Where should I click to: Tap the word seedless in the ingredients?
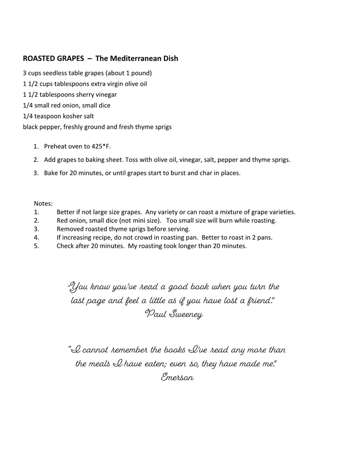[x=54, y=73]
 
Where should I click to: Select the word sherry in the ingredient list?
[x=88, y=95]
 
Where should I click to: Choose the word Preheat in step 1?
[x=56, y=146]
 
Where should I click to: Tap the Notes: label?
[x=43, y=203]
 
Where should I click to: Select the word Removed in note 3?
[x=69, y=229]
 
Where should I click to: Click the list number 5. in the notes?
[x=36, y=246]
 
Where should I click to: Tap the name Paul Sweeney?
[x=174, y=314]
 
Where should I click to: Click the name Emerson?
[x=177, y=377]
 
